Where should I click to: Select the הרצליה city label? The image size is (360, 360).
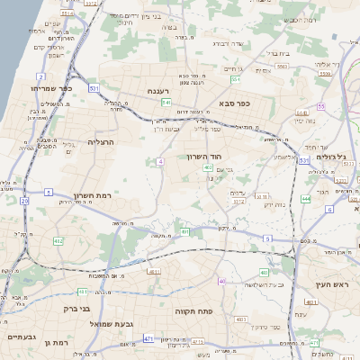tap(103, 142)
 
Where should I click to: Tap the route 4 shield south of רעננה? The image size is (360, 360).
tap(160, 161)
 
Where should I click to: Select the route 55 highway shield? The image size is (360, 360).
tap(320, 107)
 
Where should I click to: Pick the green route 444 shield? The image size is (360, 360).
tap(306, 197)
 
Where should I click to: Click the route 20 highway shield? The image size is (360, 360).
tap(25, 201)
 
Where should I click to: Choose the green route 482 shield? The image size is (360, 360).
tap(58, 241)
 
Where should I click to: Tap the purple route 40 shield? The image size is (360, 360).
tap(221, 281)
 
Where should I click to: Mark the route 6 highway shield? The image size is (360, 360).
tap(329, 209)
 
